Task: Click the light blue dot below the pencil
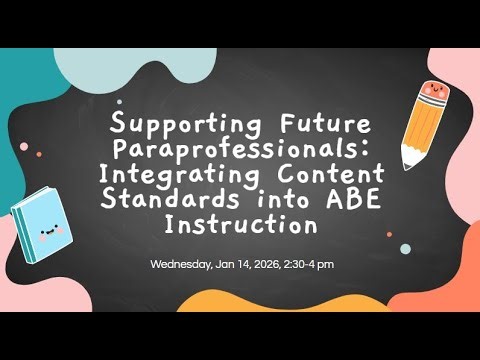tap(405, 248)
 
